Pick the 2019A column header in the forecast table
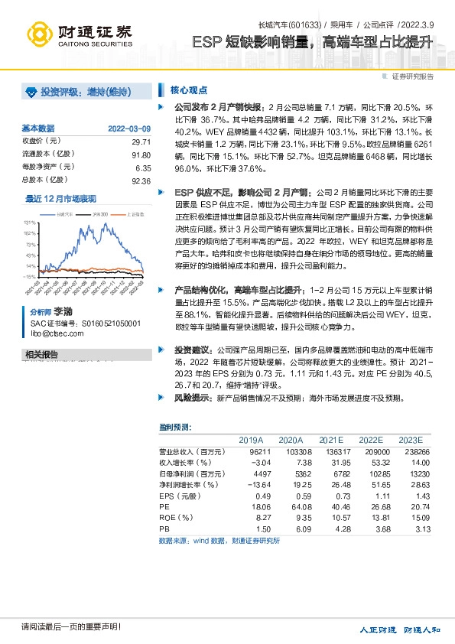coord(251,441)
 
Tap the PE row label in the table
coord(164,506)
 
